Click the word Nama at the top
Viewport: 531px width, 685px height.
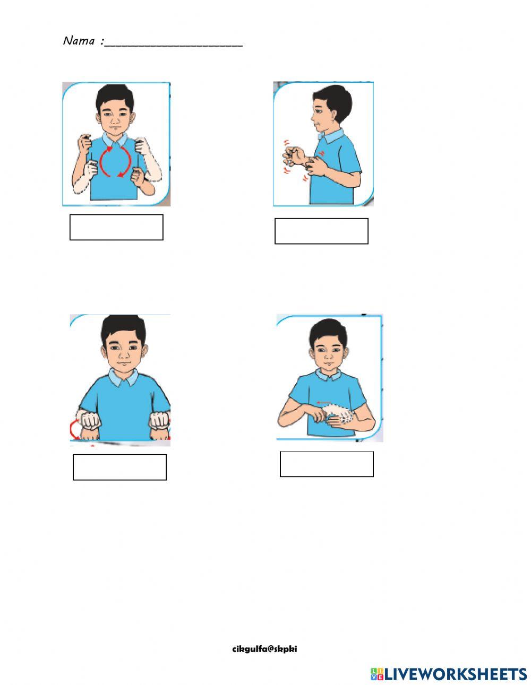[x=79, y=41]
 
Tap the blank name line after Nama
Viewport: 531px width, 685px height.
[x=174, y=46]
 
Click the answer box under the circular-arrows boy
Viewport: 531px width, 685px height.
[x=116, y=227]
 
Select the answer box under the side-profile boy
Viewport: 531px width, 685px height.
[x=321, y=231]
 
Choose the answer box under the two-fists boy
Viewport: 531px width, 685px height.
[x=120, y=467]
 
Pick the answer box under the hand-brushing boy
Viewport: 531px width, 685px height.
[x=327, y=464]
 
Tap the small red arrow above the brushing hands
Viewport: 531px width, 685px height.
[x=324, y=402]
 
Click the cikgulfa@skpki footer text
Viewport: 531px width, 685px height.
[x=264, y=649]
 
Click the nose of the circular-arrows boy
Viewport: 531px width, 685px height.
[x=115, y=121]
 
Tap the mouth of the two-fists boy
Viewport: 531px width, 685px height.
[x=123, y=364]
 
